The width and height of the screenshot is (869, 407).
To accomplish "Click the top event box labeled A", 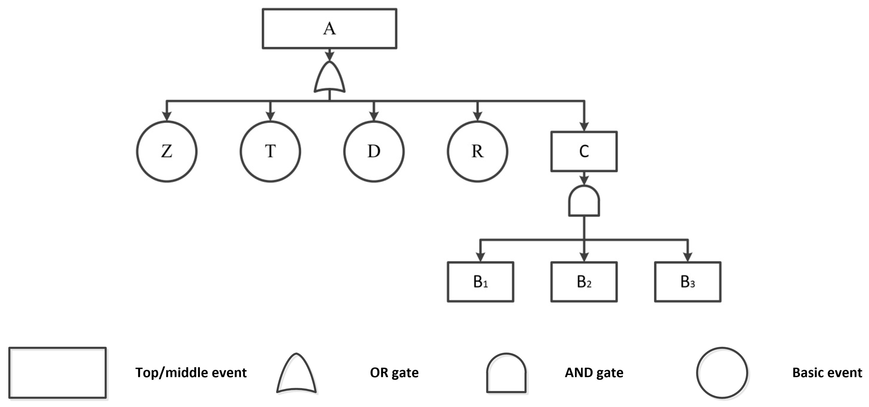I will pos(329,29).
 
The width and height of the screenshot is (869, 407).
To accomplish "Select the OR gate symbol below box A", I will pos(329,78).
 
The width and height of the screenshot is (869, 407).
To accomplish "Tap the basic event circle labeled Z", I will pos(167,152).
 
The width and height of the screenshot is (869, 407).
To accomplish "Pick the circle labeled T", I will pos(270,152).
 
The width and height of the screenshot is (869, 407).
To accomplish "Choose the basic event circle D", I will pos(374,152).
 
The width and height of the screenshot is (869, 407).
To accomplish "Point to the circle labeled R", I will pos(477,152).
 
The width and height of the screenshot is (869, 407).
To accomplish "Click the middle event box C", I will pos(584,152).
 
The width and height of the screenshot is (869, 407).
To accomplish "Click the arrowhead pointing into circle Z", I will pos(167,116).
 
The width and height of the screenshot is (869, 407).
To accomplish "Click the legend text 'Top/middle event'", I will pos(191,373).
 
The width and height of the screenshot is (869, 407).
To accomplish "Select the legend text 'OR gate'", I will pos(394,373).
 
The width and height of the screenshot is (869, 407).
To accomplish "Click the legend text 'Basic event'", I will pos(827,373).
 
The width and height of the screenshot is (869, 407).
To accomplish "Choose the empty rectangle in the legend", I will pos(58,373).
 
